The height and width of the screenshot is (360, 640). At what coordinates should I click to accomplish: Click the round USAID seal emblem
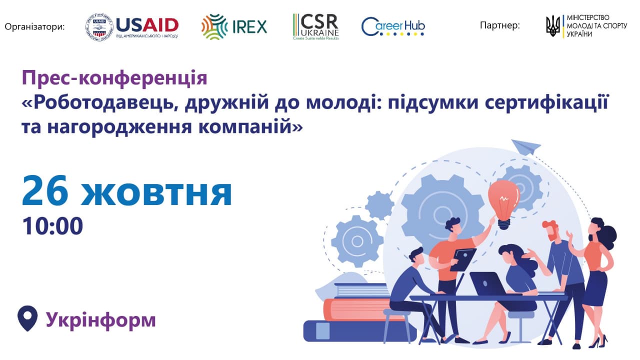[x=99, y=27]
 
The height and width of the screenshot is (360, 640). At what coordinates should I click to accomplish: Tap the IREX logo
[x=234, y=26]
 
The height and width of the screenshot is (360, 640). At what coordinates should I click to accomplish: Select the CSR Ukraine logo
[x=315, y=26]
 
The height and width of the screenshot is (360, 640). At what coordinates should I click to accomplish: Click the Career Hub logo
[x=393, y=26]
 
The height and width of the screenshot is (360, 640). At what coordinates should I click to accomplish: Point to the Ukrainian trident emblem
[x=553, y=26]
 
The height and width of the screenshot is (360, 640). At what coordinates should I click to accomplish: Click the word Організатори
[x=35, y=27]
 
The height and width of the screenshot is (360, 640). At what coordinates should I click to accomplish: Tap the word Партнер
[x=499, y=25]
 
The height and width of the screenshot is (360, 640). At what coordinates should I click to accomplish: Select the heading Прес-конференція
[x=114, y=78]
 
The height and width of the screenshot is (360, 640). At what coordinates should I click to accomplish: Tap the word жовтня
[x=156, y=193]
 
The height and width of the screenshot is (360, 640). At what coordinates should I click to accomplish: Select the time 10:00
[x=52, y=226]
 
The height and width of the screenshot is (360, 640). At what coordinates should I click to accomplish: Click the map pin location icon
[x=27, y=318]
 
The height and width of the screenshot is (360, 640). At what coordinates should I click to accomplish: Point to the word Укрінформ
[x=101, y=320]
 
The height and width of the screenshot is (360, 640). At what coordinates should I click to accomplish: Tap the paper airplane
[x=526, y=147]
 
